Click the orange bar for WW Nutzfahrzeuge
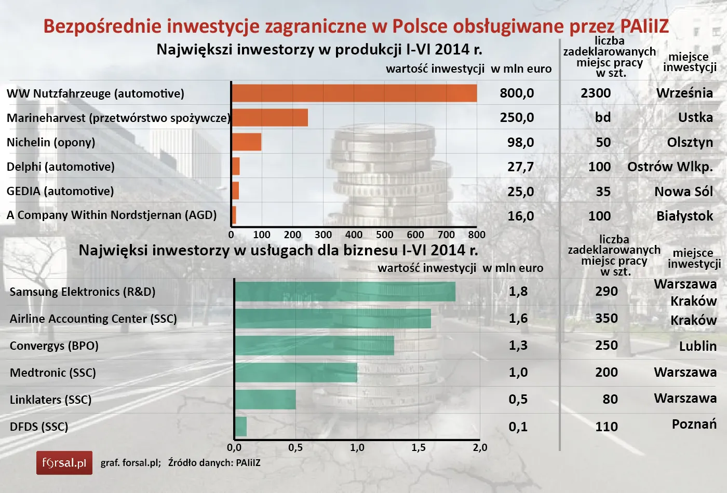(354, 93)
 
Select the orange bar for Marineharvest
(270, 118)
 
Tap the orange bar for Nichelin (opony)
(246, 142)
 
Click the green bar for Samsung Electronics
(345, 292)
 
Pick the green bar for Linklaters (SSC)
(265, 400)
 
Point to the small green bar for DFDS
(240, 427)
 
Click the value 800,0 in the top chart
(517, 93)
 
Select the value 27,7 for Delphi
(520, 167)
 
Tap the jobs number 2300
(596, 93)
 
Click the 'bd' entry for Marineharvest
(603, 118)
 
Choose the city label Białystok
(684, 216)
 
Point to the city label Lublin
(697, 346)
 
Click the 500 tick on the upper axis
(384, 235)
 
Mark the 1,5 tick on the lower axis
(419, 448)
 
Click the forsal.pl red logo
(64, 463)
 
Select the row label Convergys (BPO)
(54, 346)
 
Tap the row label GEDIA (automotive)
(60, 191)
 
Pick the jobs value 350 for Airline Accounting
(607, 319)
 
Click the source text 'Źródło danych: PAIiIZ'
(214, 463)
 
